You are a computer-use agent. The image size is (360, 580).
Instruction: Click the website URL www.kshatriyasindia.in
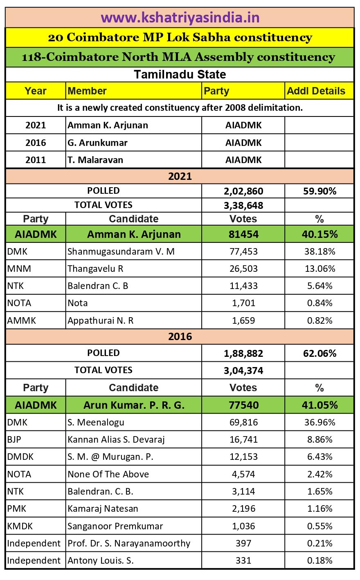180,18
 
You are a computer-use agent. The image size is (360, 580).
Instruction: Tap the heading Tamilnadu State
180,74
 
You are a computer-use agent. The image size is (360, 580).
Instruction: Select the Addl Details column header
316,91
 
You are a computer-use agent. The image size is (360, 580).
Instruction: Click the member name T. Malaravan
95,160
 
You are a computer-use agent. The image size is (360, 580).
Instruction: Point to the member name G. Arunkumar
97,143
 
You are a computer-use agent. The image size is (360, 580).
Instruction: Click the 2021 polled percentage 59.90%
319,191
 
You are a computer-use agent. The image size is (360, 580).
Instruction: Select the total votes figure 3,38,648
243,205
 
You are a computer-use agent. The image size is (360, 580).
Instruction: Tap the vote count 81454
243,234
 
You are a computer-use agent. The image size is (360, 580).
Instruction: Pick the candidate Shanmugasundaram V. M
121,251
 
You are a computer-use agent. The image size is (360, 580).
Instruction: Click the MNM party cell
19,269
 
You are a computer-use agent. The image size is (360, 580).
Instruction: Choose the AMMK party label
22,320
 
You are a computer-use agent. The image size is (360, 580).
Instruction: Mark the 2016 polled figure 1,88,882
243,353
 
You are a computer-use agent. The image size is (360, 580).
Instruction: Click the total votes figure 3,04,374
243,370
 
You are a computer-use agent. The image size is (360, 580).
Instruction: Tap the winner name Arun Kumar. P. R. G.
134,405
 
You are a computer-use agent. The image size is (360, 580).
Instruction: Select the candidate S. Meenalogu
96,422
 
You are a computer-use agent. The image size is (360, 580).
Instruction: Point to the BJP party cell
14,439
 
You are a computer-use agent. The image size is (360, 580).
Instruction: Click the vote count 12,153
243,457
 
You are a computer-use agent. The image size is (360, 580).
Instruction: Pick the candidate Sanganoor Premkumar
115,526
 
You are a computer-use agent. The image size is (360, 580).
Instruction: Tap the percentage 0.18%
319,560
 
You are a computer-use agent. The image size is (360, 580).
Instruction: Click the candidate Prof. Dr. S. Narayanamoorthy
129,543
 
